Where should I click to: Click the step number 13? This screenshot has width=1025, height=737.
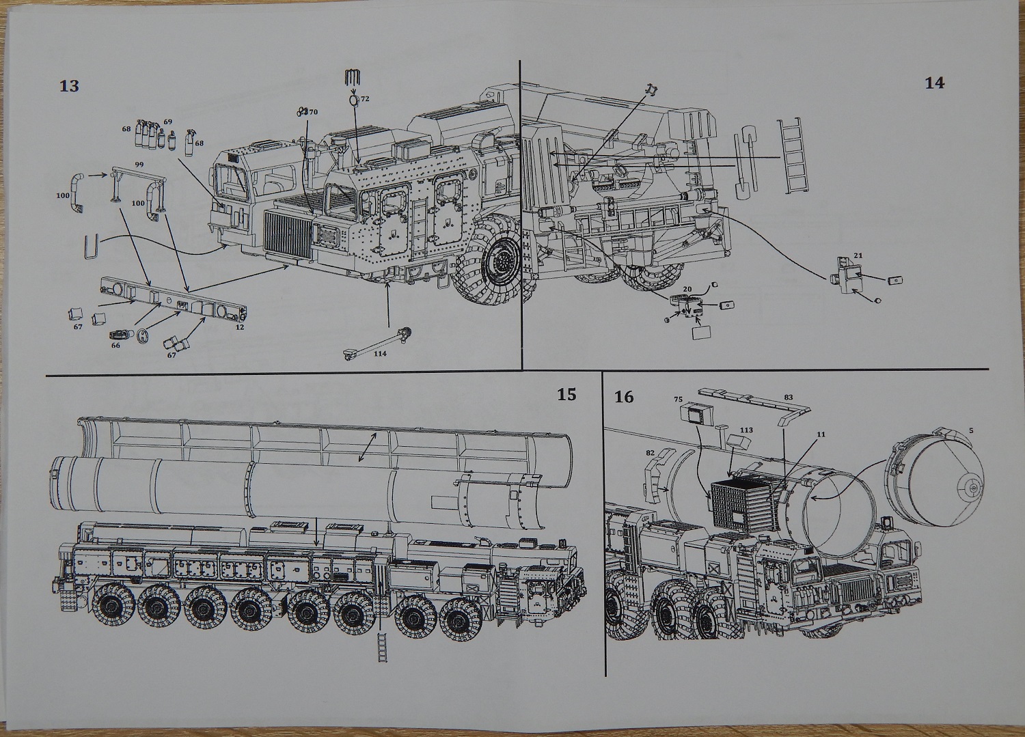(69, 86)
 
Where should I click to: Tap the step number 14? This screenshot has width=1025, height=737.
(934, 83)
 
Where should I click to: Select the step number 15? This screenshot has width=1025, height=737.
(566, 394)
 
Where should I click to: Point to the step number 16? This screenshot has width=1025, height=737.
(624, 397)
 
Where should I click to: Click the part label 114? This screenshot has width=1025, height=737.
(380, 353)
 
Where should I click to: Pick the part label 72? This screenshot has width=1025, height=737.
(365, 99)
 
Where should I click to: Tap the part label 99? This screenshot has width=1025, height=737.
(139, 164)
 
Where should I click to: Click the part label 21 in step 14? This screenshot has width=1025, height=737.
(858, 255)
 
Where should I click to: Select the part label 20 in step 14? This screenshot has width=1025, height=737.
(687, 290)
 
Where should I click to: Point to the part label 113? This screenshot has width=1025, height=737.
(746, 430)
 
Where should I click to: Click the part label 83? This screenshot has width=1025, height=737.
(788, 398)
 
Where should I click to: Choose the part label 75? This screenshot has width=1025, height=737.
(678, 400)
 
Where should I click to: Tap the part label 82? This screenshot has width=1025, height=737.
(651, 453)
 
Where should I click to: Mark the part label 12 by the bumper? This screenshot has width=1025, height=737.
(240, 327)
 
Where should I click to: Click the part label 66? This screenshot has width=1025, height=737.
(115, 346)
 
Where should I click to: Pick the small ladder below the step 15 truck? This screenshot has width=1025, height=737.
(382, 646)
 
